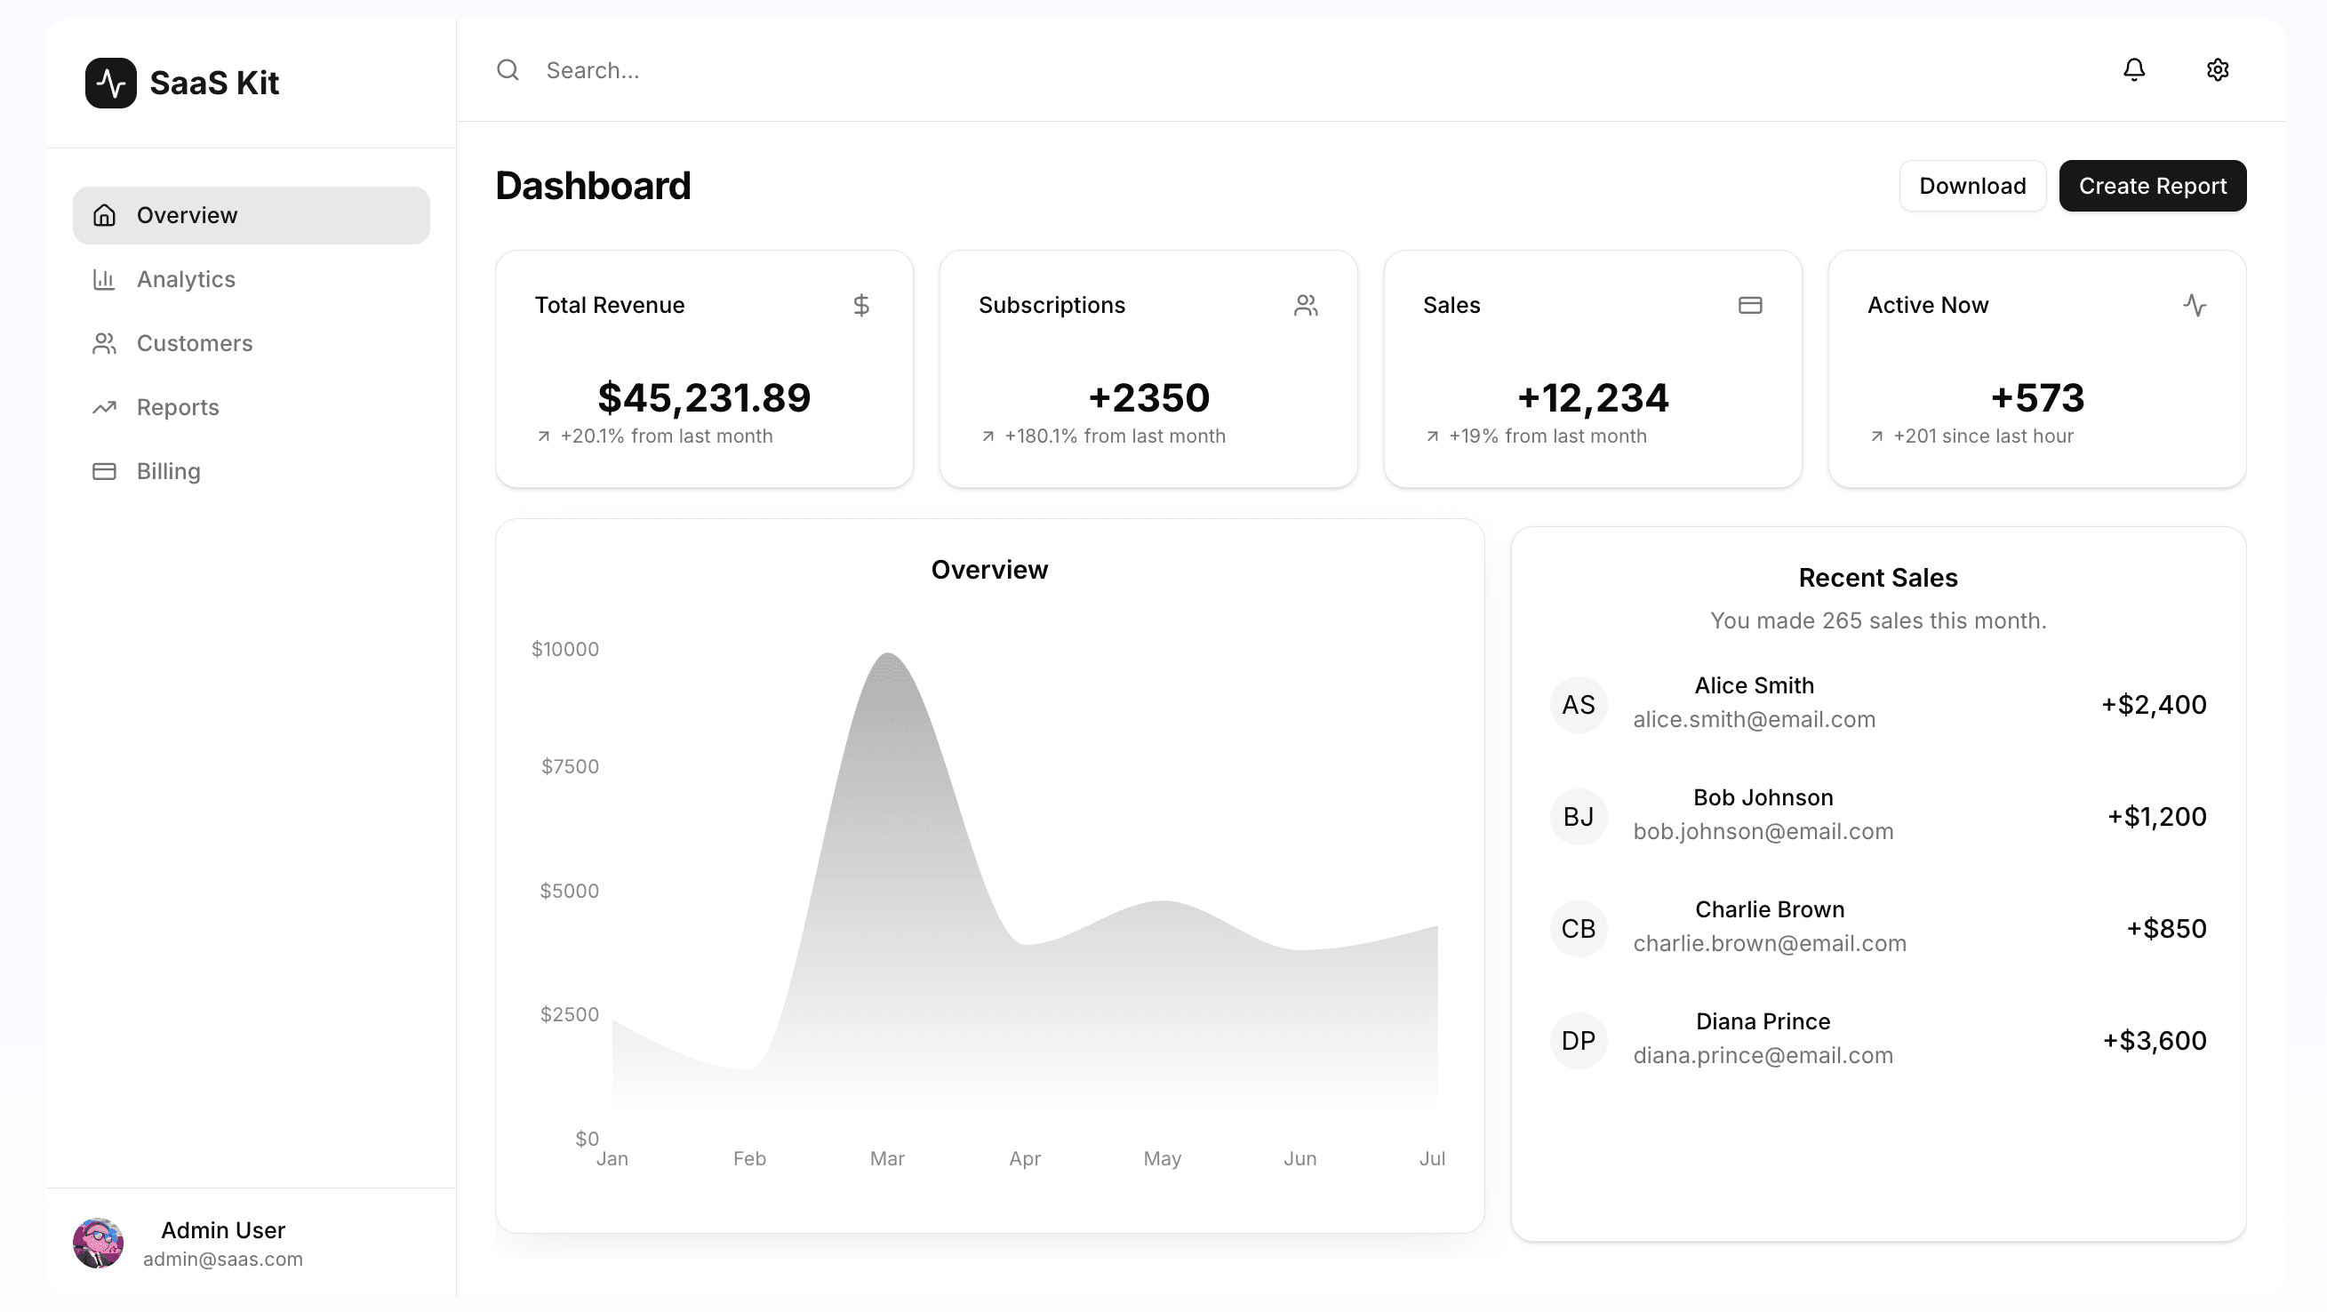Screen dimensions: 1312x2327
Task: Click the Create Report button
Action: [x=2152, y=186]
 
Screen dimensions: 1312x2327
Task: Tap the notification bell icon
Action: [x=2134, y=69]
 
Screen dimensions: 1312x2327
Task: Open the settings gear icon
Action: [x=2217, y=69]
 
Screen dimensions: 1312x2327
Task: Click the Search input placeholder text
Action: [x=593, y=70]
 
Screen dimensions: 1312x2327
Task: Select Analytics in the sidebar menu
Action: [x=185, y=279]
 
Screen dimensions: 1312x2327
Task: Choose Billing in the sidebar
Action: [x=168, y=471]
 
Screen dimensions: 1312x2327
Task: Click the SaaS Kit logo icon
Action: [x=110, y=84]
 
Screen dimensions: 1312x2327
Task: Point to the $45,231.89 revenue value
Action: [x=704, y=397]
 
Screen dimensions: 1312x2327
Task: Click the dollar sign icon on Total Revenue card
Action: [x=861, y=306]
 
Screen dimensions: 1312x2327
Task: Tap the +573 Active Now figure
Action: [x=2036, y=397]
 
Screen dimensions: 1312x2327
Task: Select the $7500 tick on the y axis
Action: [x=569, y=766]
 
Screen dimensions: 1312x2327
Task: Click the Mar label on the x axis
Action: [x=886, y=1158]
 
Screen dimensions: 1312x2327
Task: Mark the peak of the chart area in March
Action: [x=888, y=654]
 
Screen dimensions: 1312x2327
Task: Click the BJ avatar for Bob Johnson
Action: [x=1577, y=817]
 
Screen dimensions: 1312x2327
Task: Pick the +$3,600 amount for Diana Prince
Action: [x=2154, y=1041]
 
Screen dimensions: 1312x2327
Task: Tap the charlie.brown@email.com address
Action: [x=1769, y=943]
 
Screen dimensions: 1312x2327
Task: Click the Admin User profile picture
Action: [x=98, y=1244]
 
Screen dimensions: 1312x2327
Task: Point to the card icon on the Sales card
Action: [x=1750, y=306]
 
